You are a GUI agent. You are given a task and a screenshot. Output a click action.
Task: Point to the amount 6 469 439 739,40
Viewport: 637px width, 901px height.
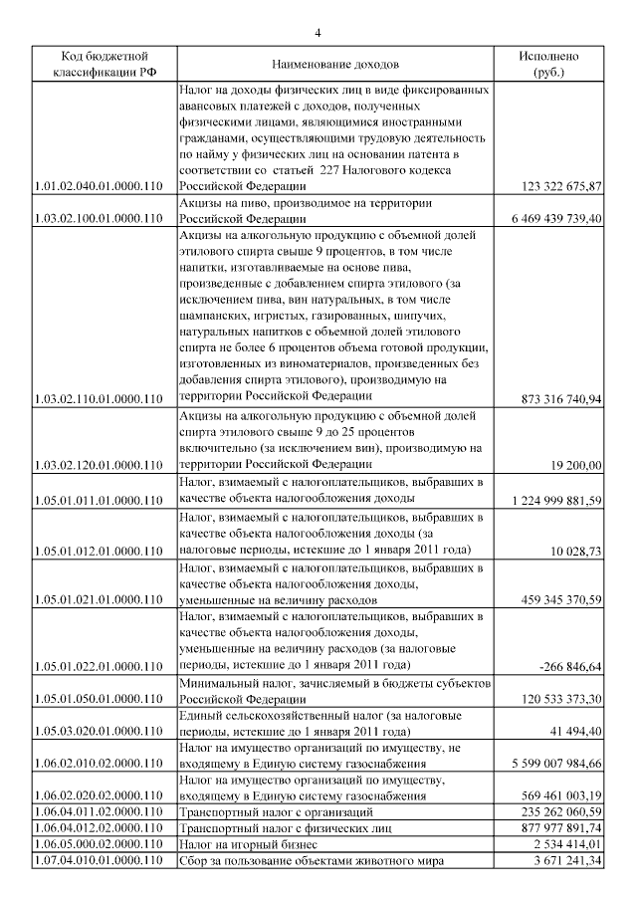click(554, 218)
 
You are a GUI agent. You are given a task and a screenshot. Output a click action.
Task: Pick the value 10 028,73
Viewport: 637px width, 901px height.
click(578, 550)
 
